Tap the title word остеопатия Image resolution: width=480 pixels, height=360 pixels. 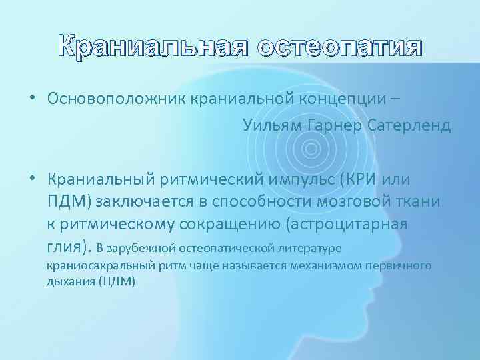click(340, 49)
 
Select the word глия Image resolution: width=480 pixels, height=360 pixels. click(67, 248)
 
